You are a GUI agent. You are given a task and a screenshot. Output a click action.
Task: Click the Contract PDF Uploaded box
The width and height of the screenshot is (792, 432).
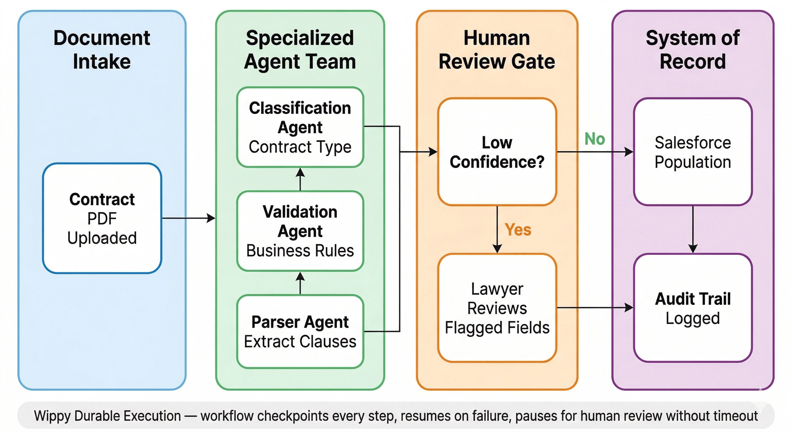(x=102, y=218)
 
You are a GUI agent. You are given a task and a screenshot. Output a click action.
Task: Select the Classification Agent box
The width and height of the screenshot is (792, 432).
(x=300, y=127)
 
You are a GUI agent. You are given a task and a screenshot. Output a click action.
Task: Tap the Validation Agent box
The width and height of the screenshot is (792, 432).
(x=300, y=231)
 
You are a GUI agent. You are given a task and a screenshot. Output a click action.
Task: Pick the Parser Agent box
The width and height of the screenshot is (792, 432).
(x=300, y=332)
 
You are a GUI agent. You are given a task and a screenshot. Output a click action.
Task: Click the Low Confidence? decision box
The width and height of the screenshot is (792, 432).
(x=497, y=152)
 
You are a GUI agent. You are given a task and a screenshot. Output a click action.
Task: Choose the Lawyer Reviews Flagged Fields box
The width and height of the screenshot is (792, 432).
(x=497, y=308)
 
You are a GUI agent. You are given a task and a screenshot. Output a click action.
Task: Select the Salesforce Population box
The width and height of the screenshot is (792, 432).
(x=693, y=152)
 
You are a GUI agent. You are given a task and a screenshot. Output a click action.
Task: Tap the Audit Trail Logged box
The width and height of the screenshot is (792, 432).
(x=693, y=308)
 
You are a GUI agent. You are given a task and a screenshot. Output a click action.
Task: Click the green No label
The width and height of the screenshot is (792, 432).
(x=595, y=139)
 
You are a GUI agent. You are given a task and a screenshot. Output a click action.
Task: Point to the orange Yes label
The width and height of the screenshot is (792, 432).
(x=518, y=230)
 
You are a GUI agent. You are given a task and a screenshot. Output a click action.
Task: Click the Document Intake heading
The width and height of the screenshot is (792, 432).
(x=102, y=49)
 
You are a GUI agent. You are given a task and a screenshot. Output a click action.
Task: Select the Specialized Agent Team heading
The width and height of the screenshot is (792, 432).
(x=300, y=49)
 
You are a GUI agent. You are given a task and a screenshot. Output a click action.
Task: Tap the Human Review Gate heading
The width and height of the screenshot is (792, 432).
(x=497, y=49)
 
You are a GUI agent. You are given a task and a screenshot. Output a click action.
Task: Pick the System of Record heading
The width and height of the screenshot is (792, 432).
(x=693, y=49)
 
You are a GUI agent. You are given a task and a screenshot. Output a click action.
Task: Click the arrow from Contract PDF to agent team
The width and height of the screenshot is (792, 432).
(x=188, y=218)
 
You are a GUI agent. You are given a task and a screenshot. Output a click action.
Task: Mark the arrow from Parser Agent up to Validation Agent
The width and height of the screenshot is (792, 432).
(x=300, y=283)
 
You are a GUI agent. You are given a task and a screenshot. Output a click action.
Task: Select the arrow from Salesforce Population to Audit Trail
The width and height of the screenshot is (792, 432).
(x=693, y=229)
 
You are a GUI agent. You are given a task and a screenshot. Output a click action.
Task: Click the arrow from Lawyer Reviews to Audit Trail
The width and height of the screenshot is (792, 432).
(x=595, y=307)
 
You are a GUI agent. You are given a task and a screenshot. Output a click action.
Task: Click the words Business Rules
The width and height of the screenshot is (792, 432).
(x=300, y=251)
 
